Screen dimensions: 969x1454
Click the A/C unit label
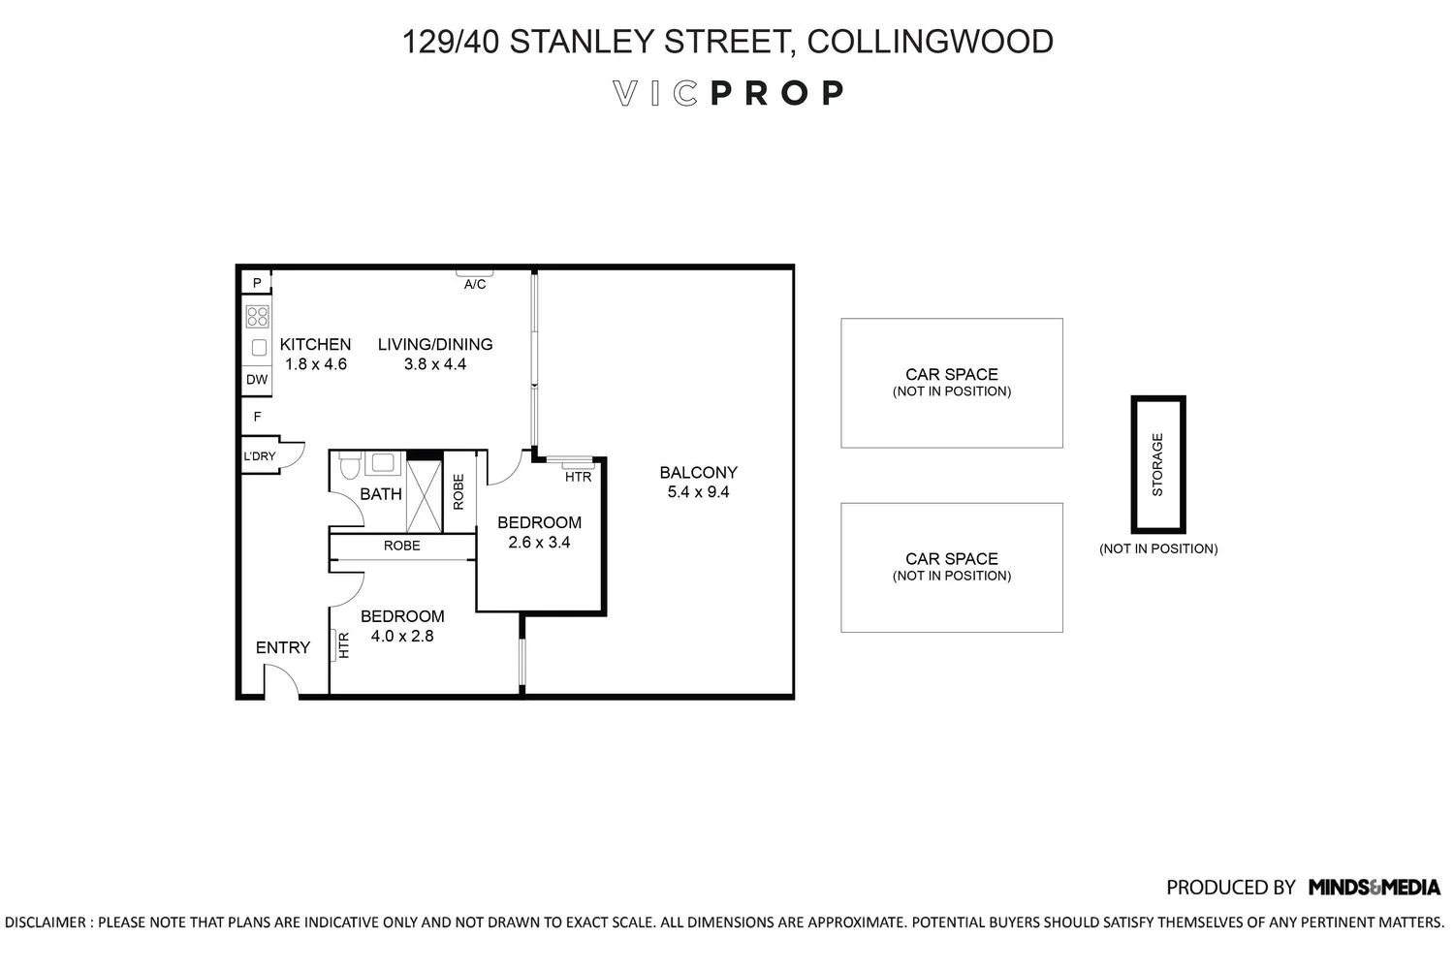pos(475,285)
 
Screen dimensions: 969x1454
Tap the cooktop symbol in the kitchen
pos(257,316)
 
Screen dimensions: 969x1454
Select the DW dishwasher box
pos(257,380)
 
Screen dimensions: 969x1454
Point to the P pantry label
pos(257,283)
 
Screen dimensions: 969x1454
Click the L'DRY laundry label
pos(259,456)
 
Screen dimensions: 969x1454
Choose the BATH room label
pos(381,494)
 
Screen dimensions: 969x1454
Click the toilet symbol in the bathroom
pos(350,468)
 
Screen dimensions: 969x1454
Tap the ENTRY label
pos(283,647)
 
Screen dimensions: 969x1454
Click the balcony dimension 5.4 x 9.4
pos(698,492)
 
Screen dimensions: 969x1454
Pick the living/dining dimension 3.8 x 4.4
pos(435,364)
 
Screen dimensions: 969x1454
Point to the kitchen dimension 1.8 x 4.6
pos(315,364)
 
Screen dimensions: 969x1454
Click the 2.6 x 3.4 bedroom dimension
pos(539,543)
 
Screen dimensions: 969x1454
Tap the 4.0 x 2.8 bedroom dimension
pos(402,637)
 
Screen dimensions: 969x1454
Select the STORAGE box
pos(1158,464)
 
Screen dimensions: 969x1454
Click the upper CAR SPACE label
pos(951,374)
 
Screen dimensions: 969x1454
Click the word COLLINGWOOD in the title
pos(930,42)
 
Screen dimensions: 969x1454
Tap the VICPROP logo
pos(728,93)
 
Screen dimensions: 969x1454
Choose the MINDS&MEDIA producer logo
pos(1374,887)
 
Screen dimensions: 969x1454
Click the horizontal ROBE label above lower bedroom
pos(401,547)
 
